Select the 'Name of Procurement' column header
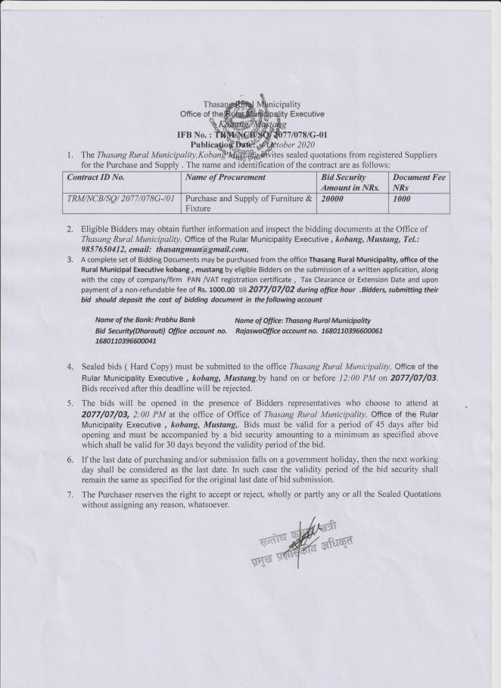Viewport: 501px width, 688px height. click(x=226, y=177)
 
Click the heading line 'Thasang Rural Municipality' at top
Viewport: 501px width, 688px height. click(x=251, y=104)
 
